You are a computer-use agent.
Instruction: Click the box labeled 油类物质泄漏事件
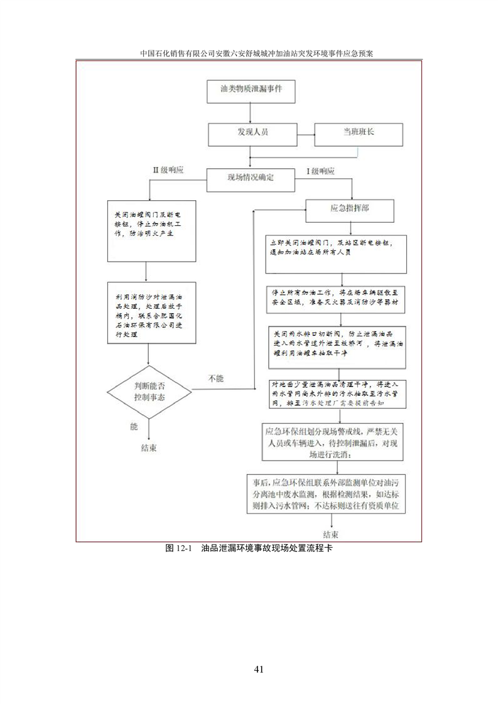coord(251,90)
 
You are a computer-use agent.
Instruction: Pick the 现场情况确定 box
coord(251,178)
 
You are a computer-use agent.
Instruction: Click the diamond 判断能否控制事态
coord(149,392)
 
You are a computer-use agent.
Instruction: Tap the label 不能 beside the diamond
coord(215,378)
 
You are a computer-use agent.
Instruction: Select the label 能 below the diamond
coord(133,427)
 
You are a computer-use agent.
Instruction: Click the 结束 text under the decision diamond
coord(149,448)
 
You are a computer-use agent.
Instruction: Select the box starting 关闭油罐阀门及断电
coord(146,230)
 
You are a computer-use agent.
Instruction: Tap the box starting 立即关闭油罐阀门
coord(341,254)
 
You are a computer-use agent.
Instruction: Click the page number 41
coord(258,669)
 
